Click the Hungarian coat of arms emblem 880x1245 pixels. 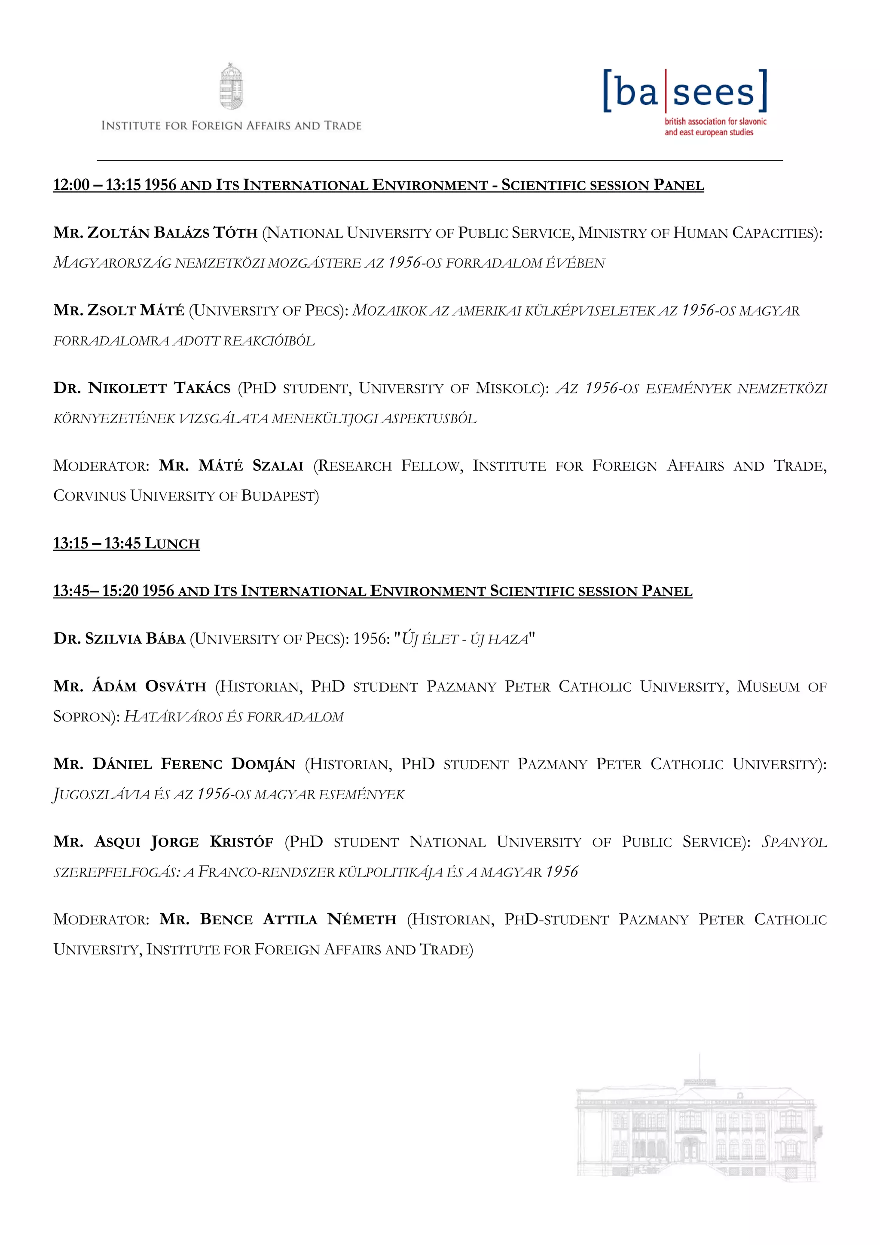point(231,87)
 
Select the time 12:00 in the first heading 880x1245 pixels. point(71,185)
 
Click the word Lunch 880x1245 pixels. point(172,543)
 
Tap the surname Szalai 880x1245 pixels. point(278,466)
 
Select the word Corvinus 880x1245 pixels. point(89,496)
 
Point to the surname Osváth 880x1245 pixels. point(176,687)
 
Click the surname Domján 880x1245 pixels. point(263,764)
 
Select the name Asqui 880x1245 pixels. point(118,842)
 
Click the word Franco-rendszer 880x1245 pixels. point(266,872)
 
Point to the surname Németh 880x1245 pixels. point(361,920)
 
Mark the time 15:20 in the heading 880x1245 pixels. point(120,591)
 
